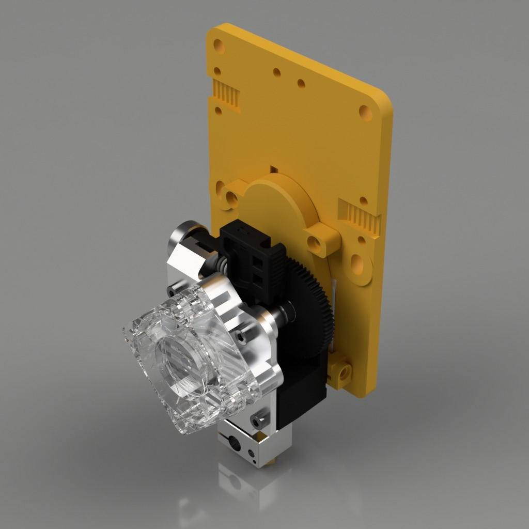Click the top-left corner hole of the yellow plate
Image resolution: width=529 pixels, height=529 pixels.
click(x=219, y=47)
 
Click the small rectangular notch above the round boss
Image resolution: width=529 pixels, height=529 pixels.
click(x=274, y=169)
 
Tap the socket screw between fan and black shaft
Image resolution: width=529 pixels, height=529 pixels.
click(x=241, y=336)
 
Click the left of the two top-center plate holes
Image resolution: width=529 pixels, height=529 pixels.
click(x=277, y=72)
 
